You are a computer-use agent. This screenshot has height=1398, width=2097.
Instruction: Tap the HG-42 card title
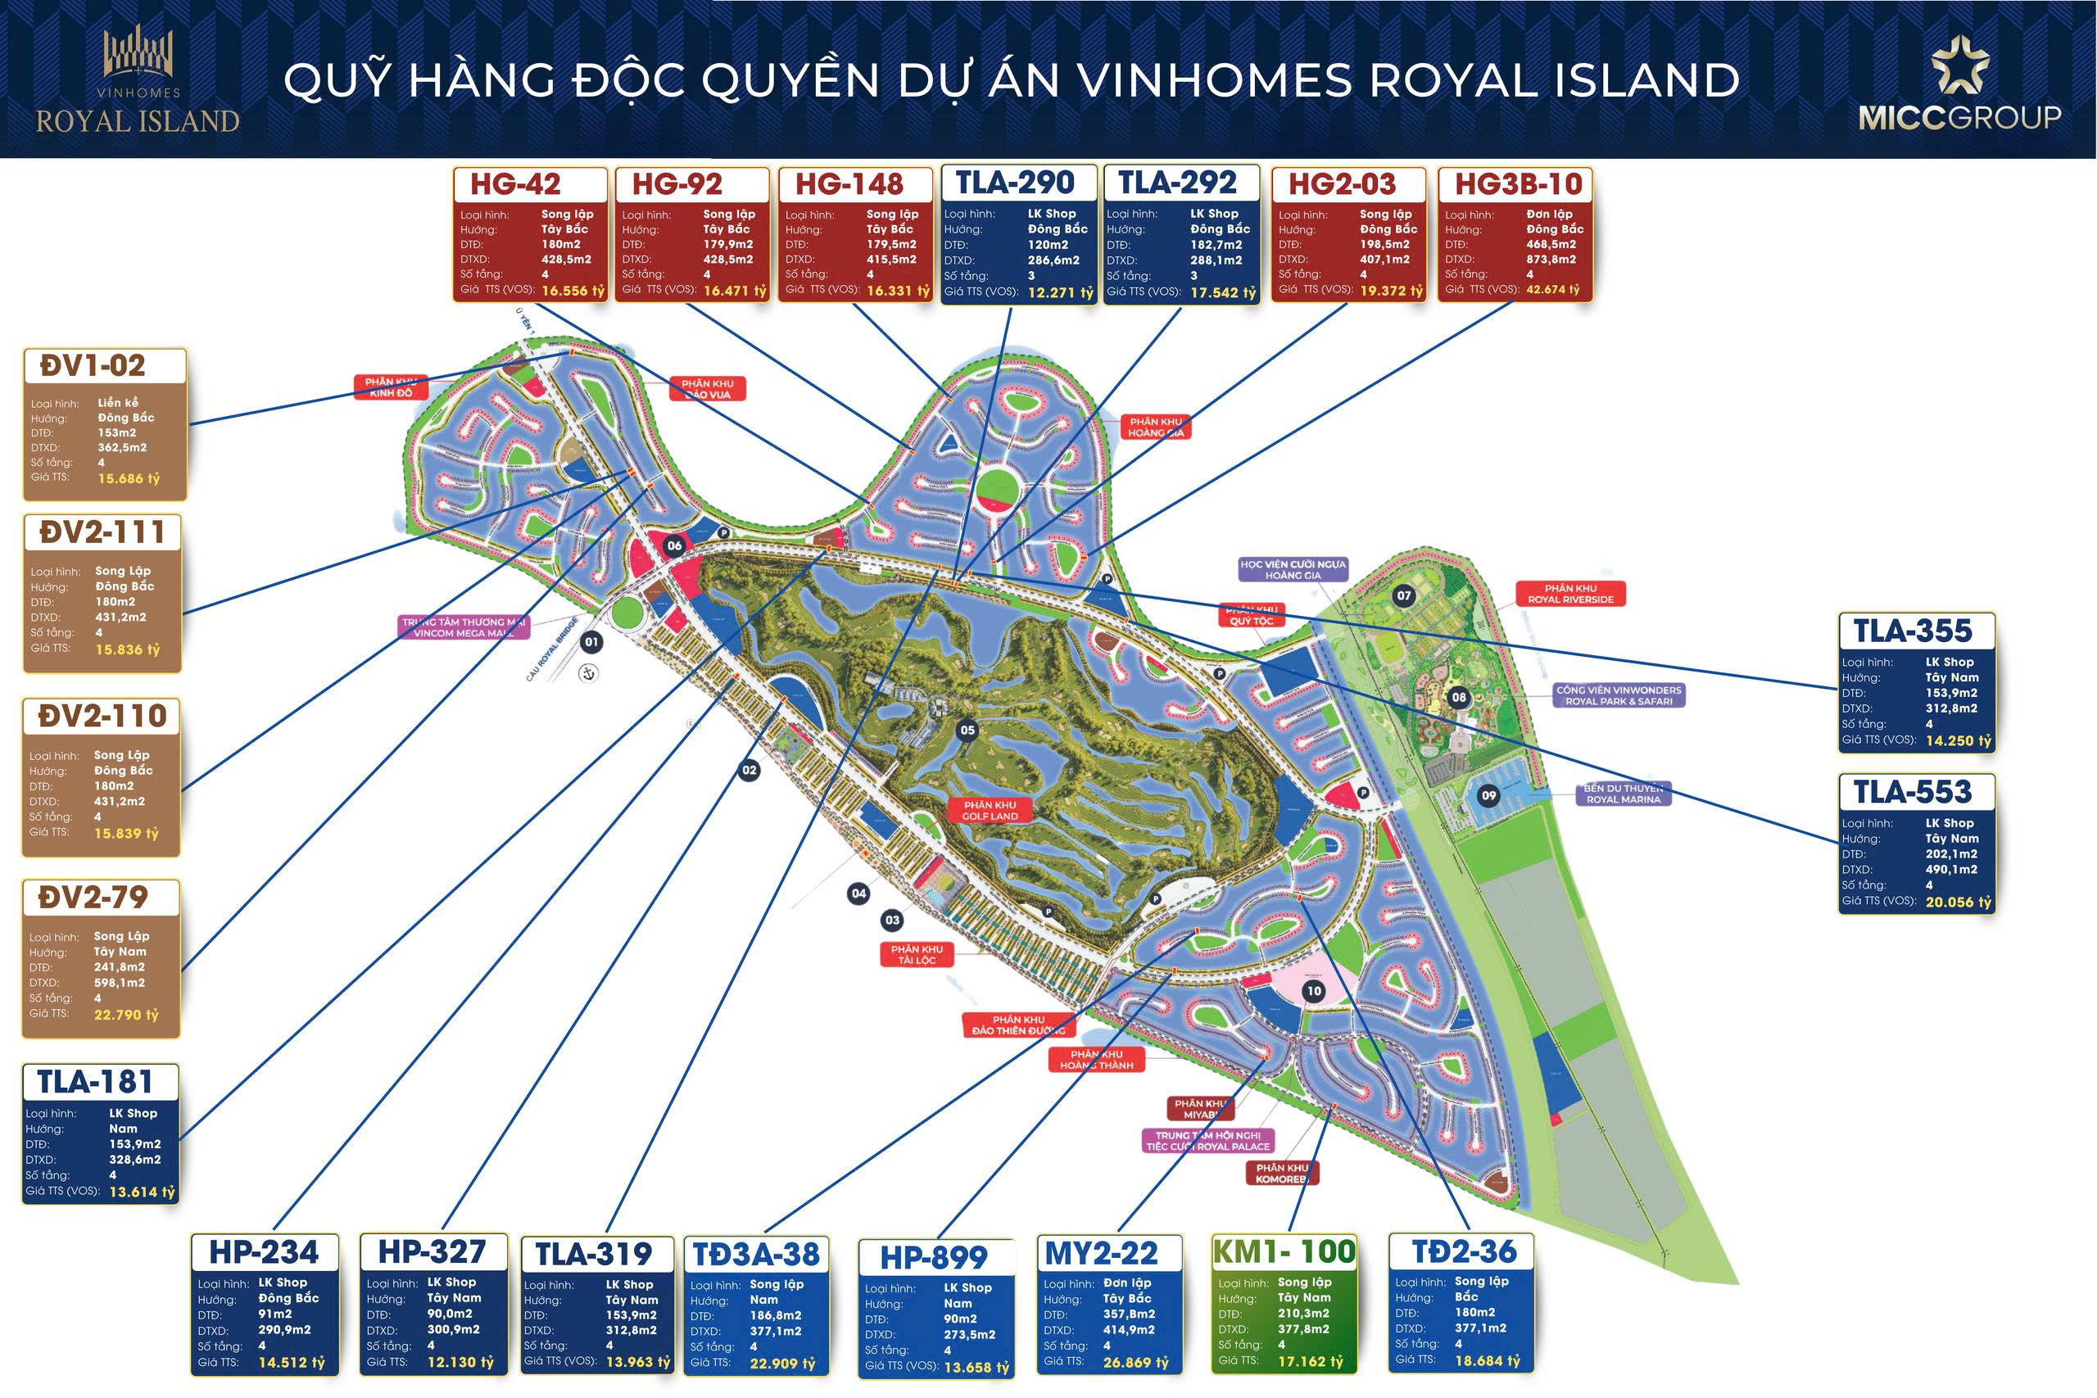click(x=515, y=184)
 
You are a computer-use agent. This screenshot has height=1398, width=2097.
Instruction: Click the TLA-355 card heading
click(x=1913, y=631)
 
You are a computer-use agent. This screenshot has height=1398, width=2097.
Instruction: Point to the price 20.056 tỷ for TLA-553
click(x=1958, y=903)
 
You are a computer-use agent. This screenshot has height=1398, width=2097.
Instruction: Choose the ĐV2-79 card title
click(x=93, y=898)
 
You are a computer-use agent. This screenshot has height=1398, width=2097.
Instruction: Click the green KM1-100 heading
click(x=1283, y=1251)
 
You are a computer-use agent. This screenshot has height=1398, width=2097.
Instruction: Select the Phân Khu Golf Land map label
click(x=990, y=809)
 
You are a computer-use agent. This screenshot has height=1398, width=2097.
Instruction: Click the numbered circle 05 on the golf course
click(x=967, y=731)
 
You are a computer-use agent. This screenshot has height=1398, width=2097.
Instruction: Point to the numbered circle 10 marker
click(x=1313, y=990)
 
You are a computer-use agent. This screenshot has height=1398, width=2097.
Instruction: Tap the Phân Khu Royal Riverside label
click(x=1570, y=594)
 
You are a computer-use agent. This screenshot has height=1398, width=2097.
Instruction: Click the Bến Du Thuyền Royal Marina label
click(x=1623, y=794)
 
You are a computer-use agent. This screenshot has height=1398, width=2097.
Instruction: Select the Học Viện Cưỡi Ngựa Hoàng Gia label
click(x=1293, y=570)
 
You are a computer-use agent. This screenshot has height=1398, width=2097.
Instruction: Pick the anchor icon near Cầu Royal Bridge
click(x=588, y=673)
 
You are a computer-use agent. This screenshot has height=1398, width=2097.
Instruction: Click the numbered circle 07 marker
click(x=1404, y=595)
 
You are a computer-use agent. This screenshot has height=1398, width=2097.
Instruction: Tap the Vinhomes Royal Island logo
click(x=138, y=80)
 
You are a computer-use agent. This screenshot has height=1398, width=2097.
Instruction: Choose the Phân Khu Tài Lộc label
click(x=917, y=955)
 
